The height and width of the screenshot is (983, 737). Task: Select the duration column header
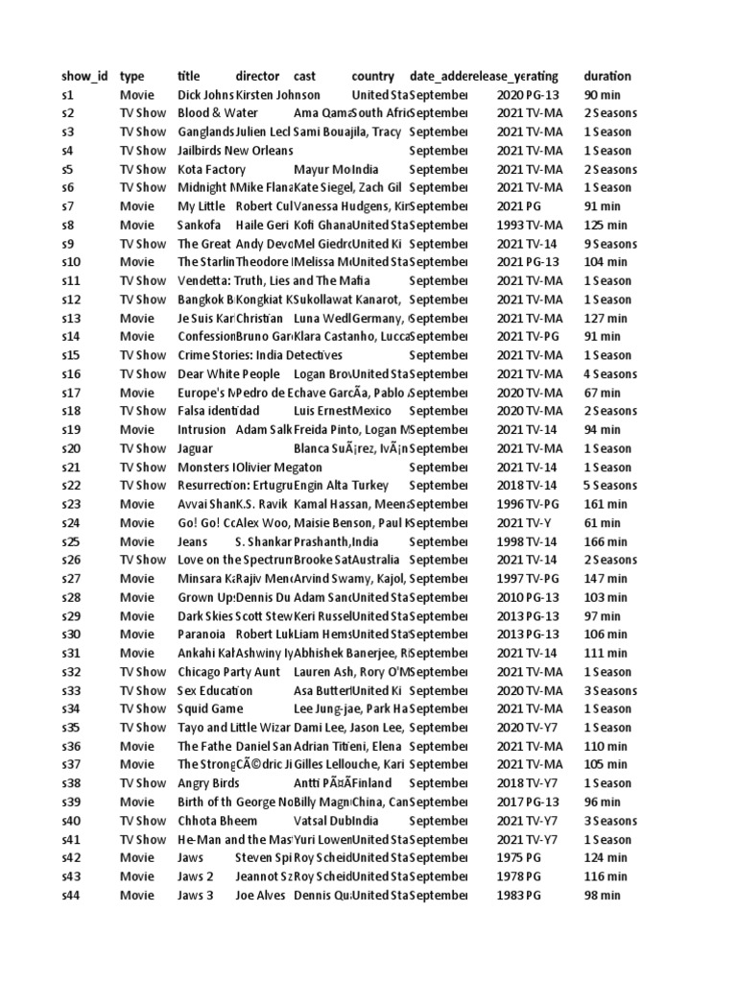coord(607,76)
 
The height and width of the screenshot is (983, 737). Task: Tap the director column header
coord(257,76)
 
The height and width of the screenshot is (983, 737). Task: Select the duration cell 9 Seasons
coord(610,244)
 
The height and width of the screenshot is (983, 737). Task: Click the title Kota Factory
coord(212,169)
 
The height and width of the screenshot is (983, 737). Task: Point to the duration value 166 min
coord(606,541)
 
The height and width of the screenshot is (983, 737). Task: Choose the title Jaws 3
coord(196,895)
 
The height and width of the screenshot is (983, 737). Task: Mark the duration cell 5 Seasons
coord(610,486)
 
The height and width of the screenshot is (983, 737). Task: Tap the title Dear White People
coord(228,374)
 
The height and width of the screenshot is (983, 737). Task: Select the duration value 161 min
coord(606,504)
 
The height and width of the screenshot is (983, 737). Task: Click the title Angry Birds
coord(208,783)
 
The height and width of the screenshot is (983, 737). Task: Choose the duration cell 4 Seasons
coord(610,374)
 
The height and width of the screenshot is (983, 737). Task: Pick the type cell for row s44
coord(136,895)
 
